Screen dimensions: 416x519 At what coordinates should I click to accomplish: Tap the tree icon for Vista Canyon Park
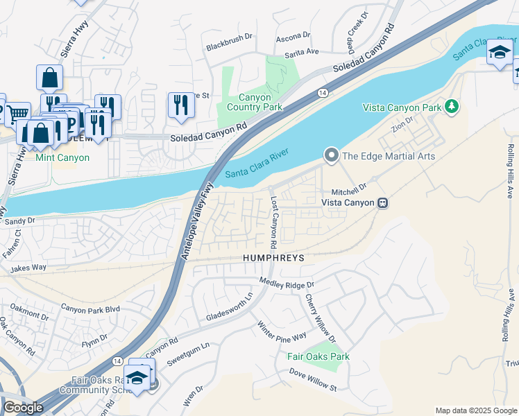click(x=452, y=106)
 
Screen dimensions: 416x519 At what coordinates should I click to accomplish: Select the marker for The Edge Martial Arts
click(x=332, y=155)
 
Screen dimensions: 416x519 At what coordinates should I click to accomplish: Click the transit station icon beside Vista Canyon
click(x=381, y=202)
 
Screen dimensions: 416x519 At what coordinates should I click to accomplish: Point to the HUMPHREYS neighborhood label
click(x=273, y=257)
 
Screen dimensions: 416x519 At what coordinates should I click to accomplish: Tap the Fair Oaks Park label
click(x=318, y=356)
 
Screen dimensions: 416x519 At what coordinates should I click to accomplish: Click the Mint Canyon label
click(x=63, y=158)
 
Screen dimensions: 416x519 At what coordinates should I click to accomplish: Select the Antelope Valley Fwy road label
click(x=196, y=220)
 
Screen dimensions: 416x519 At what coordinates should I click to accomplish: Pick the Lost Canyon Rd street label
click(x=273, y=222)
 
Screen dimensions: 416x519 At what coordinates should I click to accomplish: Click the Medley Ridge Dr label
click(x=287, y=283)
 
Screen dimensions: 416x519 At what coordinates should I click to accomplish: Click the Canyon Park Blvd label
click(x=90, y=308)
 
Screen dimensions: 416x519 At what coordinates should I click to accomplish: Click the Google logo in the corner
click(x=23, y=408)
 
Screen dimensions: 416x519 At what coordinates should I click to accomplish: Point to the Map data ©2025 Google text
click(x=475, y=410)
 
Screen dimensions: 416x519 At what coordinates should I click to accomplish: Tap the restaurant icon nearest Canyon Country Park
click(x=180, y=105)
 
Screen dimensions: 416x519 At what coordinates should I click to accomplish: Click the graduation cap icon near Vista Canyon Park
click(x=499, y=53)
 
